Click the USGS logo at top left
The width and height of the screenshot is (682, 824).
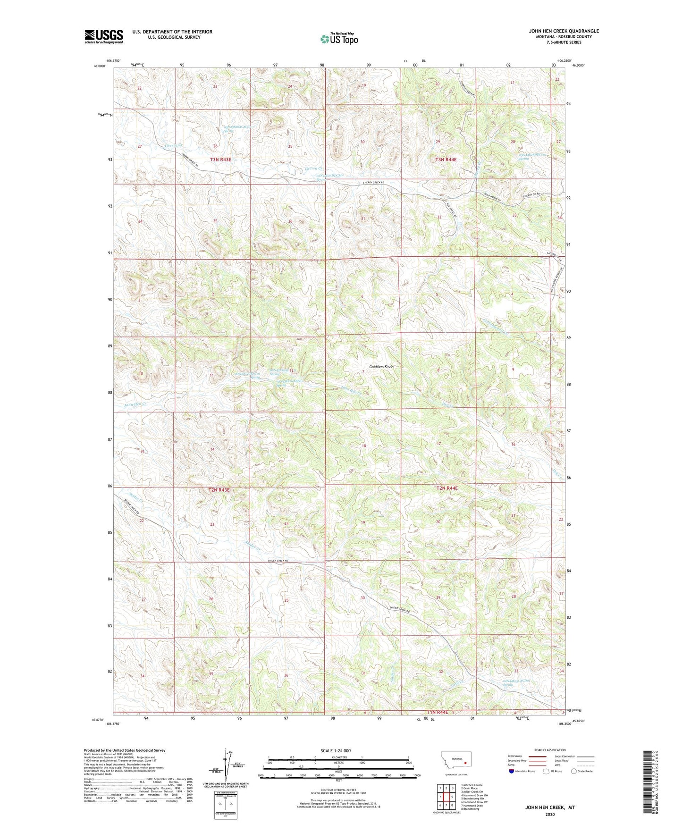(104, 36)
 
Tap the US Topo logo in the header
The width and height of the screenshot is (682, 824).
(338, 39)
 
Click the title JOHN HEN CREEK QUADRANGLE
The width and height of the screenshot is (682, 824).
(564, 31)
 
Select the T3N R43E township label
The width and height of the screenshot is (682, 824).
(220, 160)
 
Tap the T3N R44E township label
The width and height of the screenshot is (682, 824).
(446, 160)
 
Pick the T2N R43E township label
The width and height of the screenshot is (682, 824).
(219, 490)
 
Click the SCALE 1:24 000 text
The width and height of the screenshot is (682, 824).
(336, 750)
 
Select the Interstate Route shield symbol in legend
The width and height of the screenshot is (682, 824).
(512, 772)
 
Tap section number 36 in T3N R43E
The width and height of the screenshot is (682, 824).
(290, 221)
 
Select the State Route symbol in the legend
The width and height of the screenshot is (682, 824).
(574, 772)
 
